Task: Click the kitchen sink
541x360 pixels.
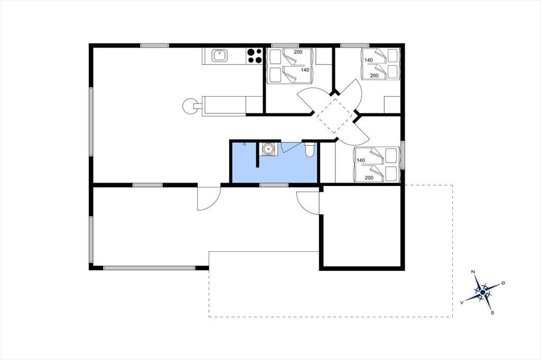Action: pyautogui.click(x=219, y=55)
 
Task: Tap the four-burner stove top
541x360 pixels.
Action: pyautogui.click(x=254, y=56)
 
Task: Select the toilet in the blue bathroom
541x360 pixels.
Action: pyautogui.click(x=310, y=149)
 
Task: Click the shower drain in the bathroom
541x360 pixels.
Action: pyautogui.click(x=244, y=144)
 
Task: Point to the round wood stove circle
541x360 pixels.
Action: pyautogui.click(x=189, y=106)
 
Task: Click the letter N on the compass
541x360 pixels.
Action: pyautogui.click(x=473, y=272)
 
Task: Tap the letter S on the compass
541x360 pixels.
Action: pyautogui.click(x=493, y=313)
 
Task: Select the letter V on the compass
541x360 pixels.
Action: pyautogui.click(x=462, y=302)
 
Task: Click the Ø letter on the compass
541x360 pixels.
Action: pyautogui.click(x=503, y=283)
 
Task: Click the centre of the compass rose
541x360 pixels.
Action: pyautogui.click(x=483, y=293)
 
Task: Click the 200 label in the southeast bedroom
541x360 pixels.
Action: pyautogui.click(x=369, y=178)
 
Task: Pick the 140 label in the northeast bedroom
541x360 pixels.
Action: pyautogui.click(x=368, y=60)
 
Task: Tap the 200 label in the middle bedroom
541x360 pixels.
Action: pyautogui.click(x=298, y=52)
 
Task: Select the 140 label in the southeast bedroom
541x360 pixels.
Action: pyautogui.click(x=361, y=160)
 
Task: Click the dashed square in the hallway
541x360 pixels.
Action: pyautogui.click(x=334, y=116)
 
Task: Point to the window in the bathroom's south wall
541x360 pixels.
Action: pyautogui.click(x=274, y=185)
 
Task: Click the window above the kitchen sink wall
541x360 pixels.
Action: pyautogui.click(x=155, y=45)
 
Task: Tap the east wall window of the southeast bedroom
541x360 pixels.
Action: pyautogui.click(x=402, y=155)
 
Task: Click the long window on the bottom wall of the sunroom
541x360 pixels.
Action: pyautogui.click(x=150, y=268)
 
